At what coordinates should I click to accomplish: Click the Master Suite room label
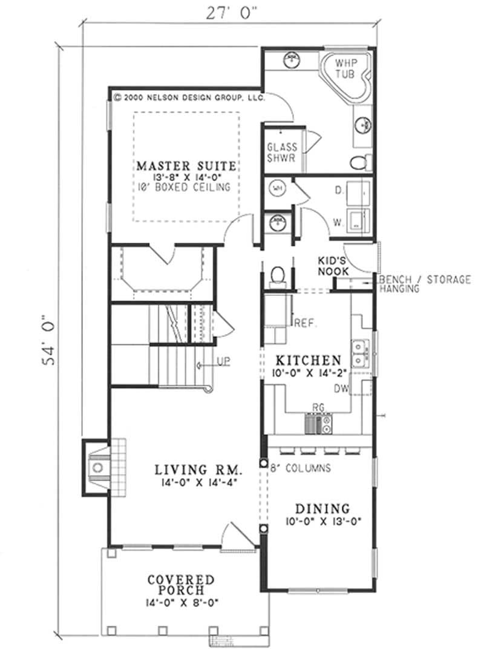pyautogui.click(x=186, y=165)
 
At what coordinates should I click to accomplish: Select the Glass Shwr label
pyautogui.click(x=282, y=153)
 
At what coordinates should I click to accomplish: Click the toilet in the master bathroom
pyautogui.click(x=359, y=161)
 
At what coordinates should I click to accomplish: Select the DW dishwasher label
pyautogui.click(x=341, y=389)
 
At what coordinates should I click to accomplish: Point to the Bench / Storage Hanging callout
pyautogui.click(x=423, y=284)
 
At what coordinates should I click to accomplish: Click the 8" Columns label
pyautogui.click(x=300, y=468)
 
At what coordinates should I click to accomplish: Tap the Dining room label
pyautogui.click(x=322, y=508)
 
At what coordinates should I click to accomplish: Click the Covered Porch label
pyautogui.click(x=181, y=584)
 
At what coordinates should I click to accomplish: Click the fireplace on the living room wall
pyautogui.click(x=97, y=467)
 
